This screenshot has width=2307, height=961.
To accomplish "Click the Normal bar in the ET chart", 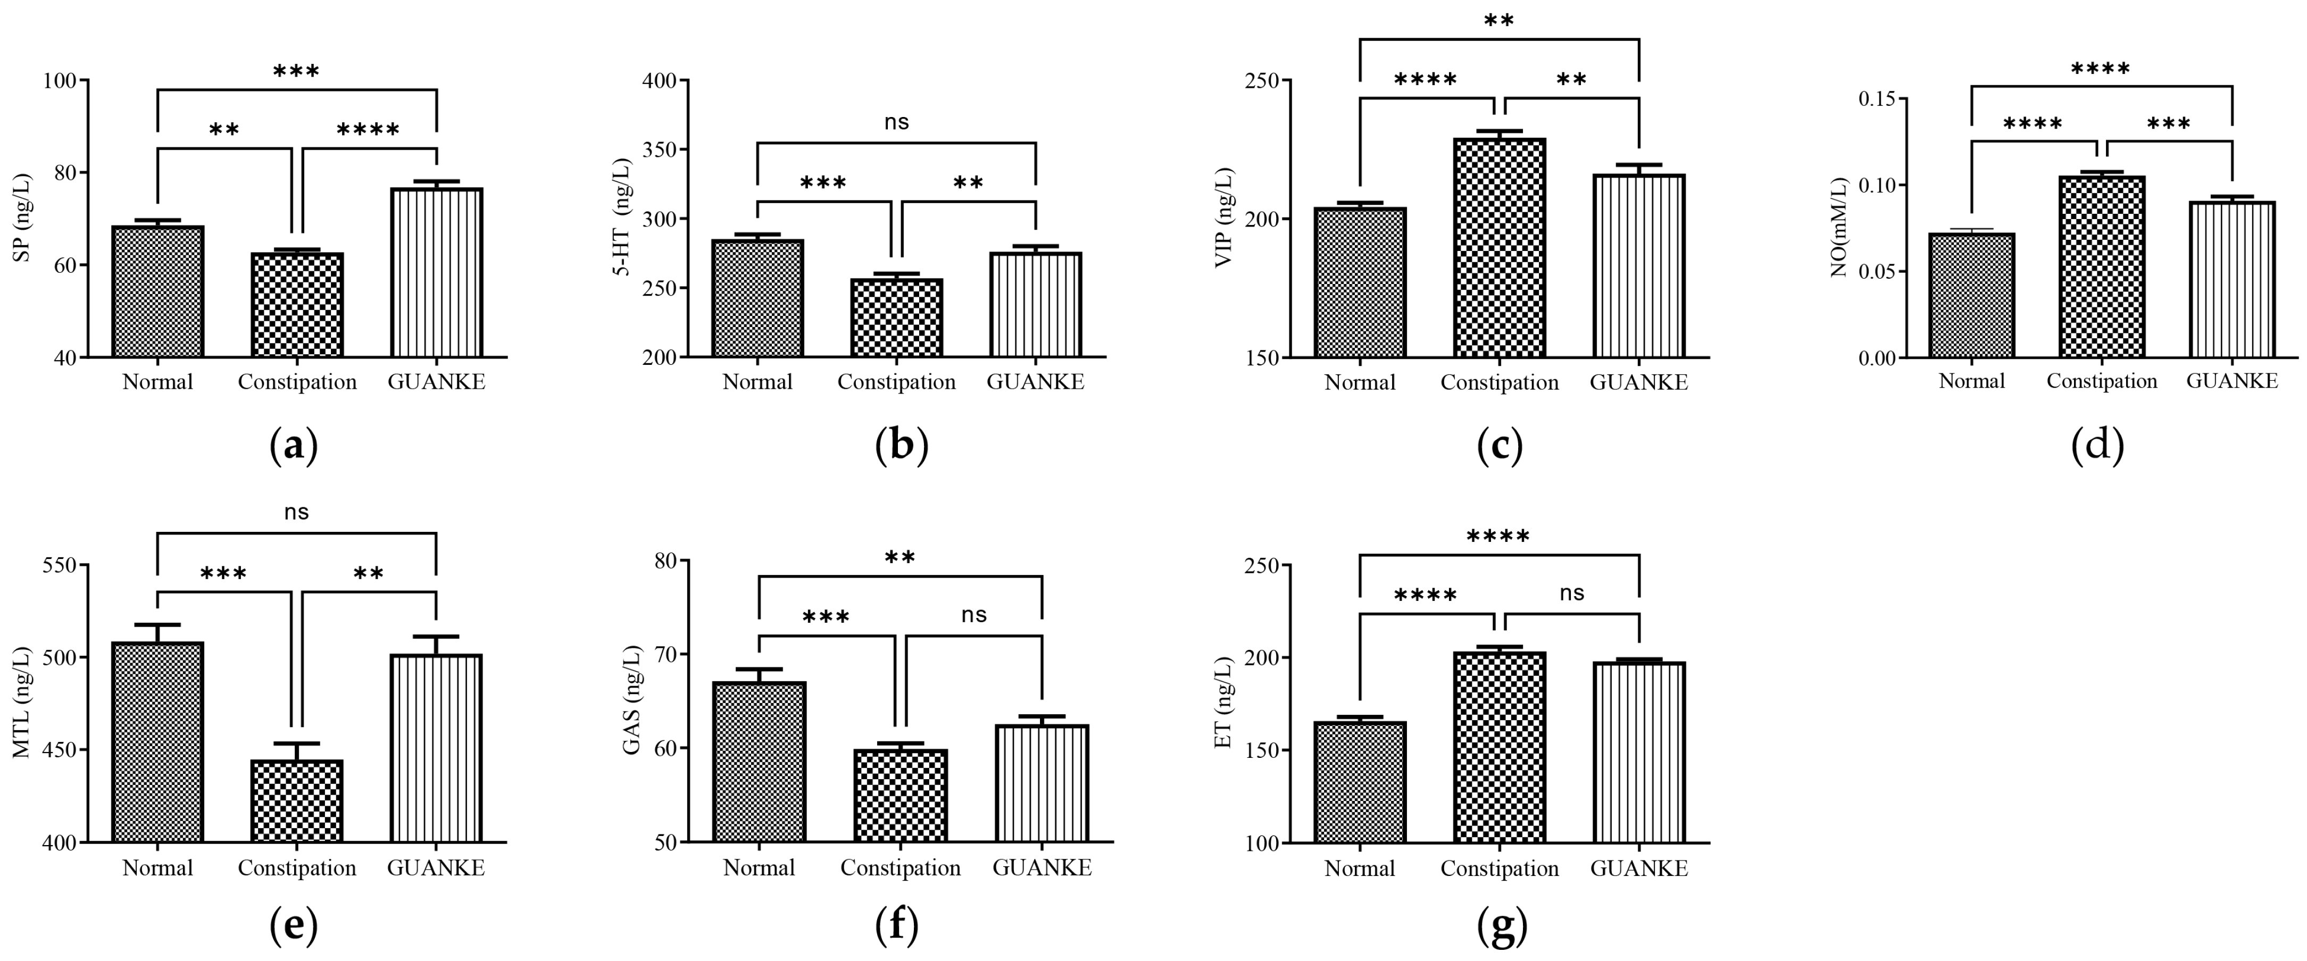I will click(x=1360, y=781).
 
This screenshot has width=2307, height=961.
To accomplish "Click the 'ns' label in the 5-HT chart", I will click(x=896, y=122).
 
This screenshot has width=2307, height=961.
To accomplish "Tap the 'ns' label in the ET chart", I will click(x=1572, y=593).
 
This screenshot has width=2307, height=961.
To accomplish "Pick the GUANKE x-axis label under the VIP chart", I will click(x=1639, y=382).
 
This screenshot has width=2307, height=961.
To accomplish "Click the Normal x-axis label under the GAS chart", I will click(x=759, y=868).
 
